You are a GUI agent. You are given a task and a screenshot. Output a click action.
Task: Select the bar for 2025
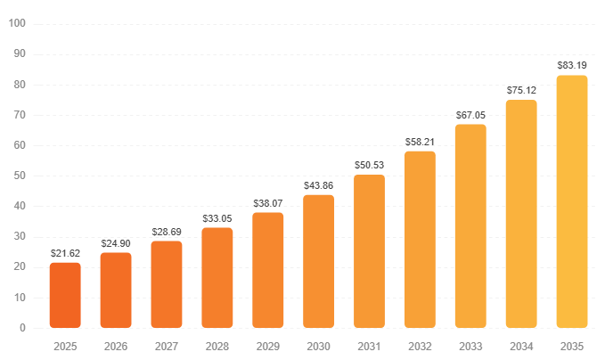click(x=65, y=295)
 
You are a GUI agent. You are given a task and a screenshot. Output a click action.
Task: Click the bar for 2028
click(x=217, y=278)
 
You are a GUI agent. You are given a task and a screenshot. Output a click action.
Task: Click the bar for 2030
click(x=318, y=261)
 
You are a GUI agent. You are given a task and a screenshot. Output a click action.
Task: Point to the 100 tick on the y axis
click(x=17, y=23)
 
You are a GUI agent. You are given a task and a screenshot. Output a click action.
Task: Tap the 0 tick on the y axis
click(x=22, y=328)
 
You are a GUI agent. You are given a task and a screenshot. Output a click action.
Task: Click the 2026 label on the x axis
click(x=116, y=346)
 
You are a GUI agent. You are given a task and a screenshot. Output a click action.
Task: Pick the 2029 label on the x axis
click(x=267, y=346)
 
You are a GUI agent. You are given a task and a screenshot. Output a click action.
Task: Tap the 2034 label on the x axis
click(x=521, y=346)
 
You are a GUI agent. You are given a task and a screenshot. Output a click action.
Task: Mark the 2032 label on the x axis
click(x=420, y=346)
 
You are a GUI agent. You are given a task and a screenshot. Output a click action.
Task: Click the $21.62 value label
click(x=65, y=254)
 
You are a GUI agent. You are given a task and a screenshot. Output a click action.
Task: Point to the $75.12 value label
click(x=521, y=91)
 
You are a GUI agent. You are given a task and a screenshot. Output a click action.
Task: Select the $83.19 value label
click(x=572, y=65)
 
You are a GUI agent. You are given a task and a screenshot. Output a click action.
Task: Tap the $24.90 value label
click(x=116, y=243)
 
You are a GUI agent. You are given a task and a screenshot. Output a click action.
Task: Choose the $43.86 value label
click(x=318, y=185)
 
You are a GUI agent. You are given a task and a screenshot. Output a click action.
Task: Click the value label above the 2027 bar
click(x=167, y=232)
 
